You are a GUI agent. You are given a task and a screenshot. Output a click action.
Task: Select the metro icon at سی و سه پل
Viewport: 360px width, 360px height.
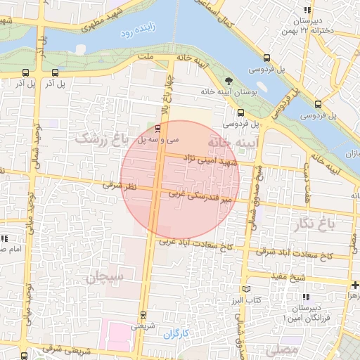click(x=157, y=129)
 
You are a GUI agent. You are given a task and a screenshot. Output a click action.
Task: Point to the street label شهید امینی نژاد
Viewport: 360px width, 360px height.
click(x=211, y=161)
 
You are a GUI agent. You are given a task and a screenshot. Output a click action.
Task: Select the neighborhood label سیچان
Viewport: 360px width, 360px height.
click(x=105, y=278)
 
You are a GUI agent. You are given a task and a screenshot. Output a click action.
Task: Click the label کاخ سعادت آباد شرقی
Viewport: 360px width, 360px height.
click(x=296, y=254)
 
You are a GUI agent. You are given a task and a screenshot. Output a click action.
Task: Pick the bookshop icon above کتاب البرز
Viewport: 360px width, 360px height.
click(x=245, y=289)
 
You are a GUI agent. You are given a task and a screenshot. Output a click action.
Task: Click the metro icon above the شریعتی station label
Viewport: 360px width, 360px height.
click(x=143, y=314)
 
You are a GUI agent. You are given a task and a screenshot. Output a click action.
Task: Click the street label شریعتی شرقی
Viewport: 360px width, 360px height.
click(x=63, y=348)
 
